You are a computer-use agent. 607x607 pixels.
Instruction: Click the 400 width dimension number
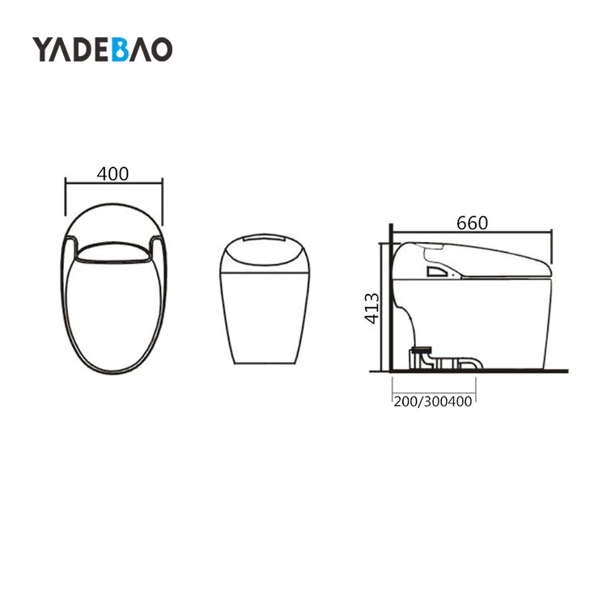112,173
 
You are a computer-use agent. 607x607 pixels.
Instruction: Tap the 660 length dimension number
472,223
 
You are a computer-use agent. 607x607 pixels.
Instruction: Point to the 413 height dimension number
371,308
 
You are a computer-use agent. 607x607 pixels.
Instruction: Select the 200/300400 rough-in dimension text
433,401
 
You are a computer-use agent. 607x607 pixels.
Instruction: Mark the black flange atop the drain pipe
420,349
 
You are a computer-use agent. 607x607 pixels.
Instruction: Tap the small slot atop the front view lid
265,240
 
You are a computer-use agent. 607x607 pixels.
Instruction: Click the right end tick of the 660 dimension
552,243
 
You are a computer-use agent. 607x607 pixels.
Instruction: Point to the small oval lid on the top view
113,253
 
